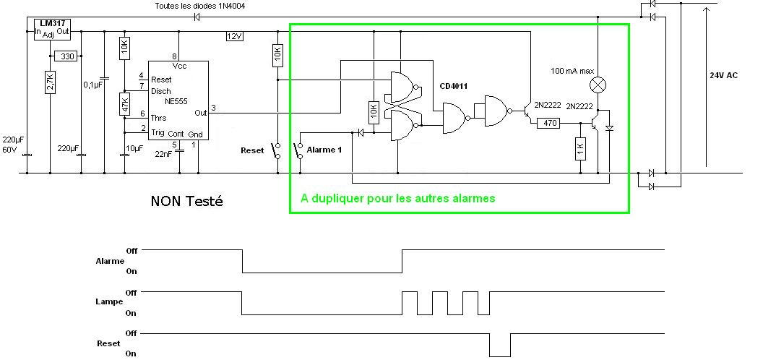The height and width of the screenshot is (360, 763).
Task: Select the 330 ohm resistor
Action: coord(66,56)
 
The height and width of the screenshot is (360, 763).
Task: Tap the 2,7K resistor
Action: coord(50,81)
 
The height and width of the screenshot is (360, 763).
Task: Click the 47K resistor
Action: coord(124,103)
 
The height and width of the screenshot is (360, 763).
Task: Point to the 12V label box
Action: coord(235,36)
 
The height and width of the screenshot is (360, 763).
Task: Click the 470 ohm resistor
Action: coord(550,124)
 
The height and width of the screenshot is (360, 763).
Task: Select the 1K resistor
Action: coord(580,150)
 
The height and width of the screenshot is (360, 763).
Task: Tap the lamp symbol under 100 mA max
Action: coord(598,85)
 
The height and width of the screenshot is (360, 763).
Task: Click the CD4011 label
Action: coord(454,86)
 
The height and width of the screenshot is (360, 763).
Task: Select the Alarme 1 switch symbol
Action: coord(298,150)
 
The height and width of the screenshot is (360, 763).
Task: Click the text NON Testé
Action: coord(186,201)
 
